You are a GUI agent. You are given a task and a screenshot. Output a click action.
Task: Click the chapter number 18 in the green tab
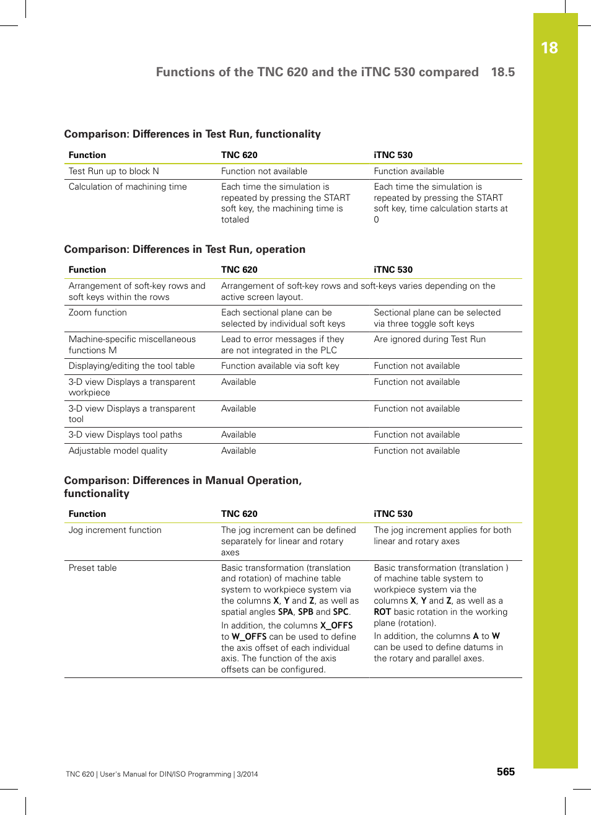[x=549, y=48]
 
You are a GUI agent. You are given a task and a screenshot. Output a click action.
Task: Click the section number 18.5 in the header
[x=502, y=72]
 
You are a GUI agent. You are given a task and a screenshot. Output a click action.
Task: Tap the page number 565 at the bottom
[x=506, y=772]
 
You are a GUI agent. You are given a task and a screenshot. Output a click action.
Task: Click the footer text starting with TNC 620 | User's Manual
[x=162, y=774]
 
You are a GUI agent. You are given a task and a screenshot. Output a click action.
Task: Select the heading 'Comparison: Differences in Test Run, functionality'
[x=192, y=134]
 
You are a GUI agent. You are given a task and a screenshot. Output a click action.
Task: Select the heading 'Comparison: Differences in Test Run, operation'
[x=185, y=249]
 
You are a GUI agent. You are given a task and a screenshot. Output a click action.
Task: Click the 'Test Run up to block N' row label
[x=113, y=171]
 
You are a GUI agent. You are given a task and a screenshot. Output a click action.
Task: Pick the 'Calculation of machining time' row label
[x=128, y=187]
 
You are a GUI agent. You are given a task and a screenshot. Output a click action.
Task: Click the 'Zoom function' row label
[x=97, y=312]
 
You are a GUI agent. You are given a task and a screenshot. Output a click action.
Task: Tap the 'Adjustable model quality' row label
[x=118, y=451]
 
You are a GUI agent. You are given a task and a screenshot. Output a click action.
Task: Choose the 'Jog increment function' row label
[x=115, y=530]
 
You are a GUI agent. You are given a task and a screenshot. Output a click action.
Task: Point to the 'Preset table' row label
[x=92, y=568]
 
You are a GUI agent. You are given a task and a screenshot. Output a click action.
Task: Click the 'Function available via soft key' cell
[x=280, y=366]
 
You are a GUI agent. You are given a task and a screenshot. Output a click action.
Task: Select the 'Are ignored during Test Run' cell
[x=429, y=339]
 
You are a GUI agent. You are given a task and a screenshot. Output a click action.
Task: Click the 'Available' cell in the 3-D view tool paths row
[x=239, y=434]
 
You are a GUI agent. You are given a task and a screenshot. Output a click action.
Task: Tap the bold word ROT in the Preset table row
[x=382, y=612]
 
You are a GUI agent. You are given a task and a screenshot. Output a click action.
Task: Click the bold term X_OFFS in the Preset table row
[x=336, y=625]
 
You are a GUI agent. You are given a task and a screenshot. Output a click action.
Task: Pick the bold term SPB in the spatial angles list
[x=305, y=612]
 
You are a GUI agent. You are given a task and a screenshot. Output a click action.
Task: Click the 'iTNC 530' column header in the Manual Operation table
[x=393, y=514]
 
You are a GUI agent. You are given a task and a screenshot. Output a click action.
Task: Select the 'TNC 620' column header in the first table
[x=239, y=155]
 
